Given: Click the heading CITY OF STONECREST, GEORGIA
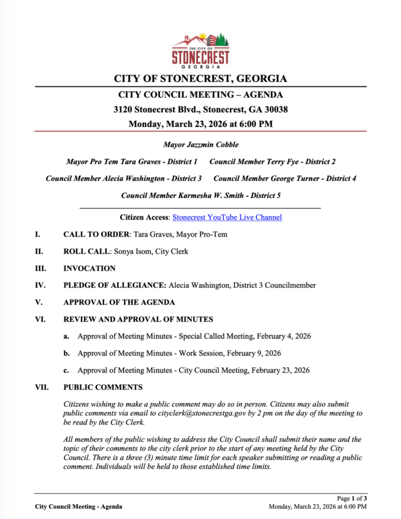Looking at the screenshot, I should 200,79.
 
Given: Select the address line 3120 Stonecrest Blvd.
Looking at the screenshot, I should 200,109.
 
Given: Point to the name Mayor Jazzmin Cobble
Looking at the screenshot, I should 200,145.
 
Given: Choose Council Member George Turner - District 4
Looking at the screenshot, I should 285,178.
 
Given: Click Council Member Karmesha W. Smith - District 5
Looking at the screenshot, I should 200,195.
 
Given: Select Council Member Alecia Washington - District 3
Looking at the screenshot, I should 123,178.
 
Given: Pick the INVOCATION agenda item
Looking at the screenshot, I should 90,269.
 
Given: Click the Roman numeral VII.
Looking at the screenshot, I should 41,388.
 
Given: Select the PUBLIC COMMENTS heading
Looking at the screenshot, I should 103,388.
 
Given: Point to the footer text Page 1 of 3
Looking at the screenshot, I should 352,498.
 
